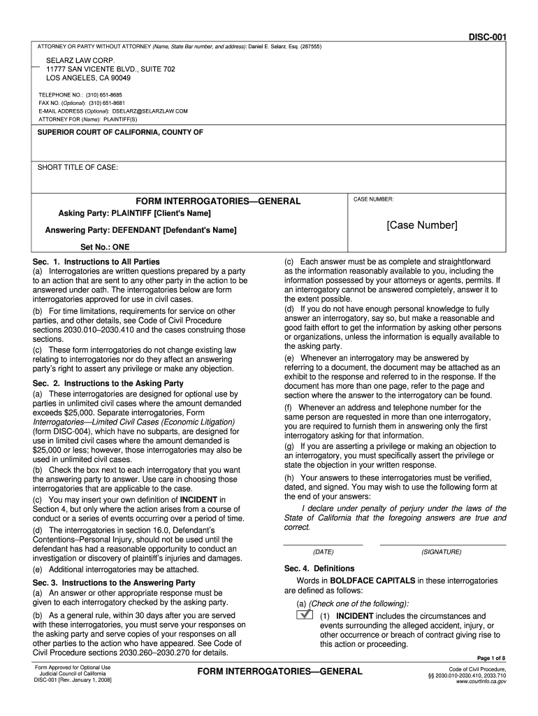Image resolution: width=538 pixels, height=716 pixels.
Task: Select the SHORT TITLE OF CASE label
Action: pos(78,168)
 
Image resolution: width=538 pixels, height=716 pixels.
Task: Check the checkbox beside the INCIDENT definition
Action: pos(303,615)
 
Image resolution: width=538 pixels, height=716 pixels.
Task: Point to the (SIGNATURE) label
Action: pos(441,552)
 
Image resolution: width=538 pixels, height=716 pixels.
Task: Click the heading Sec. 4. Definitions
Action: pos(319,568)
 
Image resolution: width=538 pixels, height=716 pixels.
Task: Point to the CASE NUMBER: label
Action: pos(373,199)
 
